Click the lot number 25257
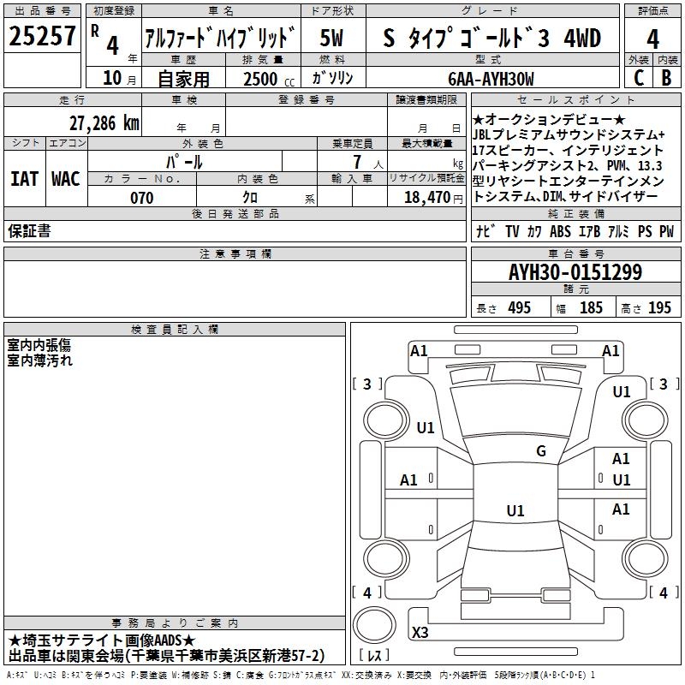pos(42,36)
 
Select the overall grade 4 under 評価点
pos(652,39)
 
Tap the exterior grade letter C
pos(639,78)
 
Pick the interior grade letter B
pos(666,78)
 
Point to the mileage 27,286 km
pos(104,123)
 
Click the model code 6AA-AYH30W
pos(491,79)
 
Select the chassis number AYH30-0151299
pos(575,272)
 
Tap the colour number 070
pos(142,198)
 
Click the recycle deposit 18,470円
pos(433,198)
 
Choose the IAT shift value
pos(24,179)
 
